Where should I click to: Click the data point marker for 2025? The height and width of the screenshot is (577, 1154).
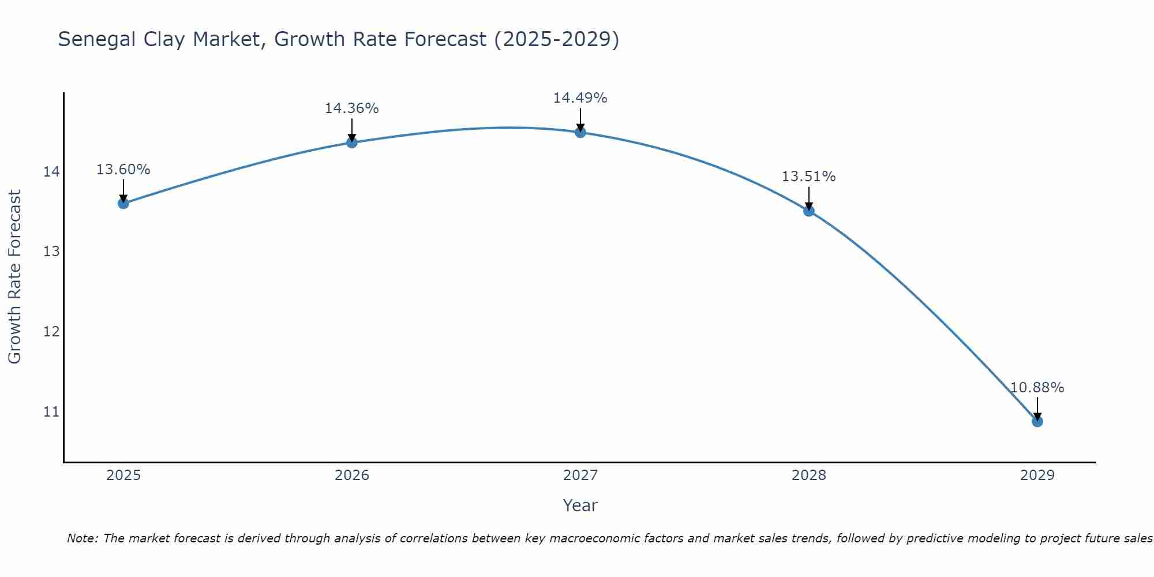pos(123,203)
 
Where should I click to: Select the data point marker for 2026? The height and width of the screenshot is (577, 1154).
pos(352,142)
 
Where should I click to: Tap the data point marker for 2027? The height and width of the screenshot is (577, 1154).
pos(580,132)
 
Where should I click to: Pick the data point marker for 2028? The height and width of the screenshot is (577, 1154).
pos(809,211)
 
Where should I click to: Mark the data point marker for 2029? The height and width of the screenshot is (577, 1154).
pos(1037,421)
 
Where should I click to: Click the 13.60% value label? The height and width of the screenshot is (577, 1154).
pos(123,170)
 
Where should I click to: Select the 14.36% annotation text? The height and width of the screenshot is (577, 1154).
pos(351,108)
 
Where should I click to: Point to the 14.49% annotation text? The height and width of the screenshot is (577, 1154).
pos(580,98)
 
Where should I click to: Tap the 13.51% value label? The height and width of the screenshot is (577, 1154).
pos(808,177)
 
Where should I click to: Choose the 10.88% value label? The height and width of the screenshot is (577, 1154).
pos(1037,388)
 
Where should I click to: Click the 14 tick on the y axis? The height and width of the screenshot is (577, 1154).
pos(51,172)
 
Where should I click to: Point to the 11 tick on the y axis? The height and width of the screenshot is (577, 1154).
pos(51,412)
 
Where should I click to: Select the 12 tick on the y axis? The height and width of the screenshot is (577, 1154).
pos(51,332)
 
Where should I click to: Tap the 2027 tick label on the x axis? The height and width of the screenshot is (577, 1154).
pos(580,475)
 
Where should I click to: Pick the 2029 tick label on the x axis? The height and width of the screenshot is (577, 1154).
pos(1037,475)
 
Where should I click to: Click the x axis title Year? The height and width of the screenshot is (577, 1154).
pos(580,505)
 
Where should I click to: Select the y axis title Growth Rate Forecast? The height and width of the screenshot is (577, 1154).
pos(14,277)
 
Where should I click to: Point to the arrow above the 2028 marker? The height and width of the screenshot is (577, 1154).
pos(809,198)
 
